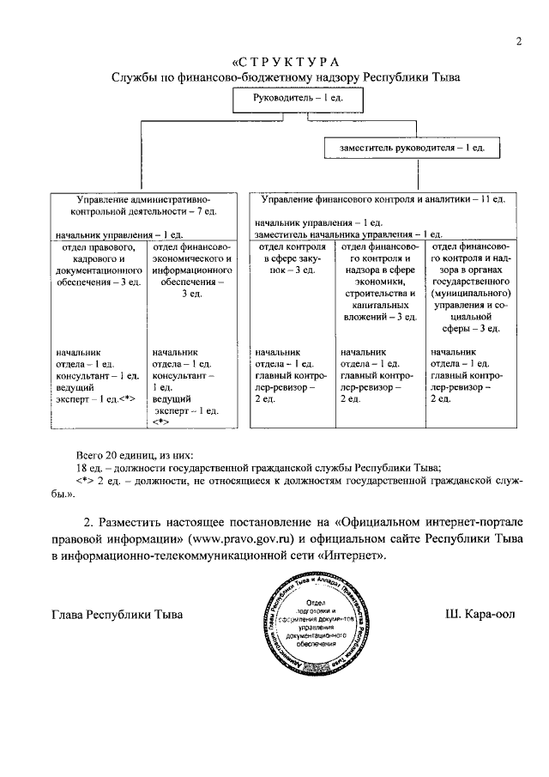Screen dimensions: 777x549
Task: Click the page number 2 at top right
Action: pyautogui.click(x=519, y=42)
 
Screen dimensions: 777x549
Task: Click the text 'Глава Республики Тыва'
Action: pyautogui.click(x=118, y=615)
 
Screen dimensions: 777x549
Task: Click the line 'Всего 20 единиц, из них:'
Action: pyautogui.click(x=135, y=454)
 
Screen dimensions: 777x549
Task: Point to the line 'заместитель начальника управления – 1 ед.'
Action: pyautogui.click(x=348, y=234)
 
